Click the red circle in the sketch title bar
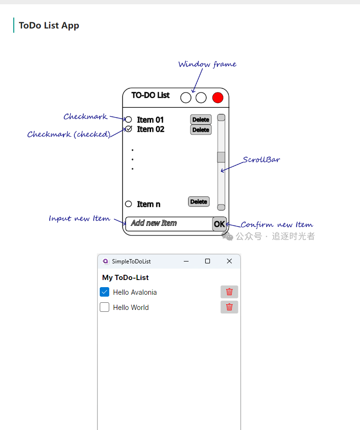[218, 98]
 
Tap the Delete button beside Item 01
[201, 120]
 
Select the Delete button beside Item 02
[201, 130]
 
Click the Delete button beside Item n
[199, 202]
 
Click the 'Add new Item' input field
[168, 223]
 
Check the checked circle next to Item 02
[128, 129]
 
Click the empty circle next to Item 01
[128, 120]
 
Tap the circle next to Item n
[128, 204]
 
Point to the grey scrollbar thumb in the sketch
[221, 157]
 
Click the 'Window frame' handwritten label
[207, 64]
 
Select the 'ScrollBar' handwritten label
[261, 159]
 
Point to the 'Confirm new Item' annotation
[276, 224]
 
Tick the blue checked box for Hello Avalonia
[104, 292]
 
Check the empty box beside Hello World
[104, 308]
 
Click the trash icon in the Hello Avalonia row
[229, 292]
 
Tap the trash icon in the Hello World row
[229, 307]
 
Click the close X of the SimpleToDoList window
[229, 261]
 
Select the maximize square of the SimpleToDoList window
[208, 261]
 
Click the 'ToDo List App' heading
[49, 26]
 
